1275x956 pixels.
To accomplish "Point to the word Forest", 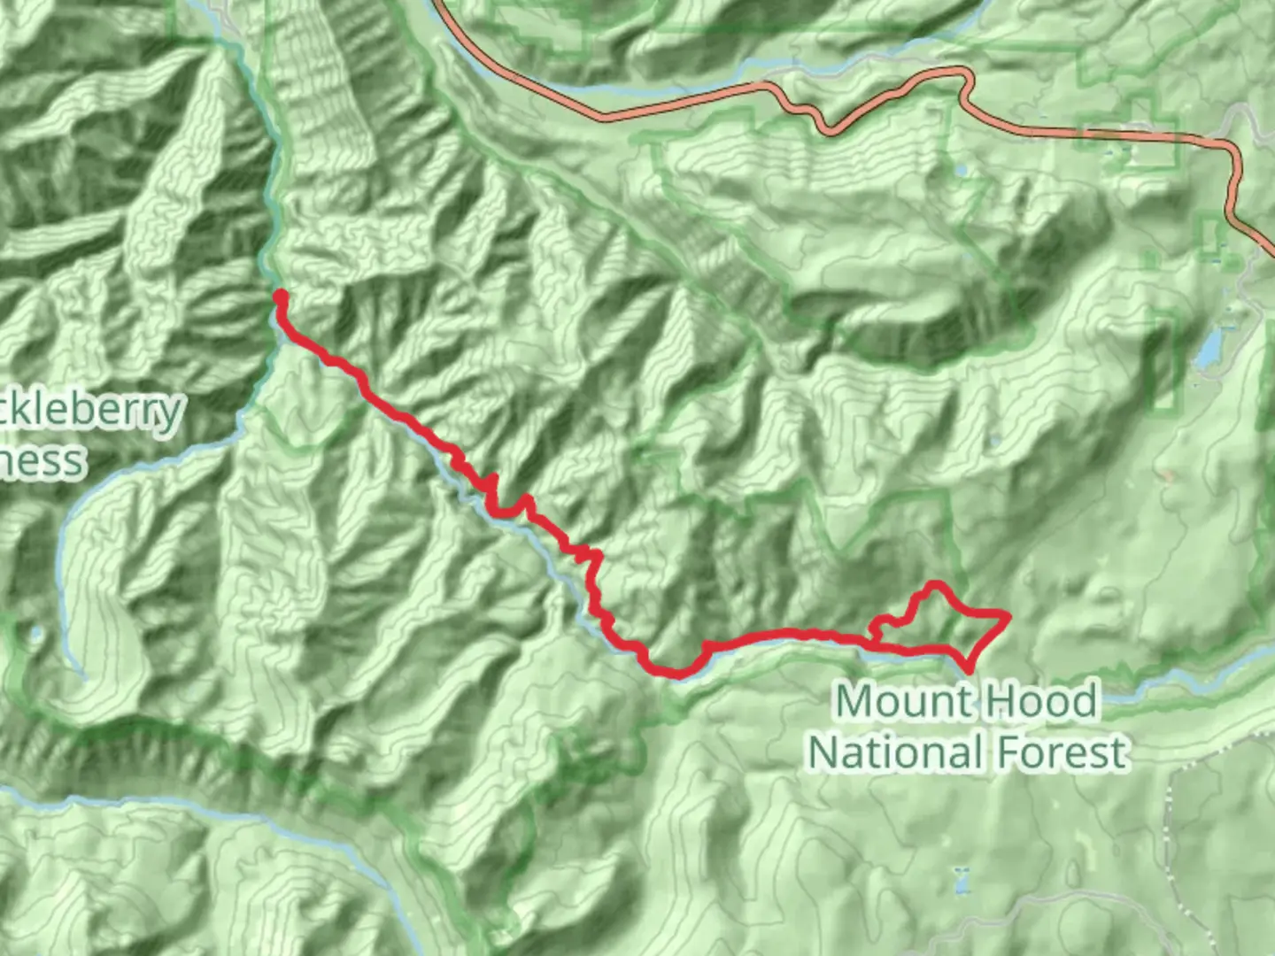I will point(1062,752).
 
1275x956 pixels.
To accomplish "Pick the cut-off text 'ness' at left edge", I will point(42,461).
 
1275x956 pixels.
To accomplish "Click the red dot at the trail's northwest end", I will point(280,296).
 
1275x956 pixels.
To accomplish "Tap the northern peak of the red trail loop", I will point(933,584).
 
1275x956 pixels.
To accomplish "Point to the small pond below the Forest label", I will point(962,880).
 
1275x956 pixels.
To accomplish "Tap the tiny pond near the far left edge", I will point(35,634).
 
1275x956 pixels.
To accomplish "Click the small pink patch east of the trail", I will point(1168,476).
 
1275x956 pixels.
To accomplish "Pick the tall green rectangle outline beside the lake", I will point(1165,363).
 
